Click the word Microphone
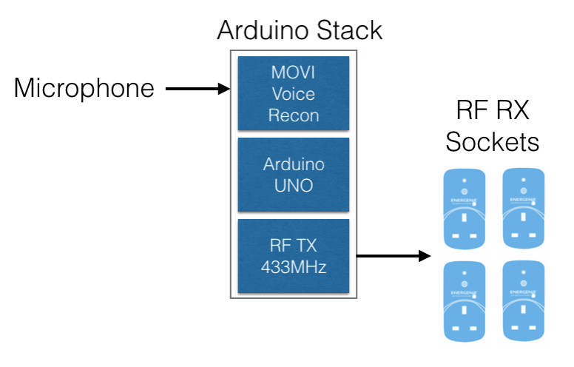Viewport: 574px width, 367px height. pyautogui.click(x=84, y=89)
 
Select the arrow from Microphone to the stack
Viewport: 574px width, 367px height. pyautogui.click(x=197, y=90)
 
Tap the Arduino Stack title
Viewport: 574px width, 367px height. pyautogui.click(x=299, y=30)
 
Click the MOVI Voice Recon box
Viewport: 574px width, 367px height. pyautogui.click(x=294, y=93)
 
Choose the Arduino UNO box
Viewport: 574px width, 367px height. pyautogui.click(x=294, y=175)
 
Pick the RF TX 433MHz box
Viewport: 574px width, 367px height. pyautogui.click(x=294, y=256)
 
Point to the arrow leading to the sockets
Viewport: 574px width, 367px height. pyautogui.click(x=392, y=256)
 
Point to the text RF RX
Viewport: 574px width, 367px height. pyautogui.click(x=493, y=111)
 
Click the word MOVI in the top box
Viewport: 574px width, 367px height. pyautogui.click(x=294, y=73)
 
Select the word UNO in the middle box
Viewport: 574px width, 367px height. pyautogui.click(x=294, y=185)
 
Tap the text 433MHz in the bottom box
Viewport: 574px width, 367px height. pyautogui.click(x=294, y=266)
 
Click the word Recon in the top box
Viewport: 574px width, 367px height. pyautogui.click(x=294, y=115)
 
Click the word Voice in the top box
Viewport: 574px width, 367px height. pyautogui.click(x=294, y=94)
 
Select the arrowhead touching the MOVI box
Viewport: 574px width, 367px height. pyautogui.click(x=226, y=90)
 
